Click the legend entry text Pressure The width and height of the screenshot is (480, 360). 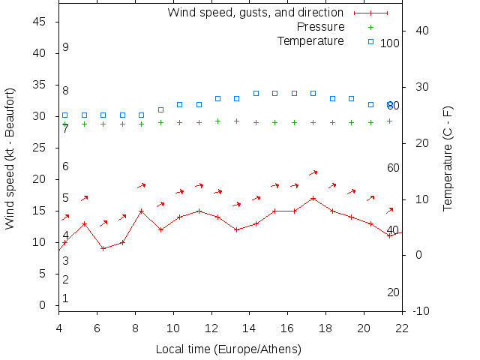coord(320,27)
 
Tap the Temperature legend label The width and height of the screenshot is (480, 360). coord(310,40)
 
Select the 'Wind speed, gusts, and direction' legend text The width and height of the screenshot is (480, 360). coord(255,13)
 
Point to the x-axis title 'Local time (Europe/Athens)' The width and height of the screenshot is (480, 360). coord(228,349)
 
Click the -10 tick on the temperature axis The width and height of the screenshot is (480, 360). coord(421,311)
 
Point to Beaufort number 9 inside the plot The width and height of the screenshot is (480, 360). coord(66,47)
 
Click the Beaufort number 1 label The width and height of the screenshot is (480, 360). coord(66,298)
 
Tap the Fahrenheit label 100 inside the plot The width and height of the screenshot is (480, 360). coord(390,43)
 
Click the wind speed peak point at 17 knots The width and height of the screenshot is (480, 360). coord(313,199)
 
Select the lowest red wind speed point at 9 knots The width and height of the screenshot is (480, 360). coord(103,248)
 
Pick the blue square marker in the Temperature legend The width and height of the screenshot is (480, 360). coord(370,40)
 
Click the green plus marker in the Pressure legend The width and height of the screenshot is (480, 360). coord(370,27)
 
